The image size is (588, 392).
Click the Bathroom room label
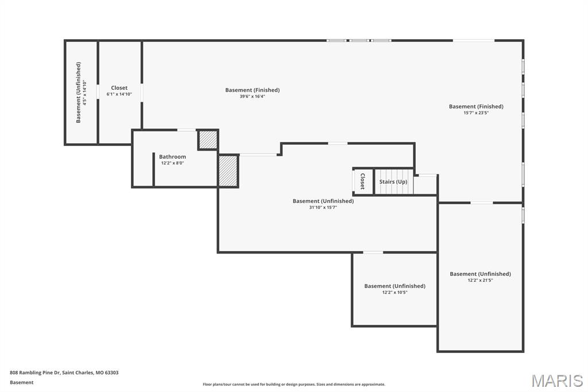click(x=172, y=156)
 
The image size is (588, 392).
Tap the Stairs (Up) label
click(x=393, y=182)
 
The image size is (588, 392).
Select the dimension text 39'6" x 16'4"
click(x=252, y=97)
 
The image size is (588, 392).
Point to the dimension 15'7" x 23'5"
click(x=476, y=113)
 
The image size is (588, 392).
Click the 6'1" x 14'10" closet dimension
click(x=119, y=94)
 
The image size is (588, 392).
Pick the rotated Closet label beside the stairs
click(x=362, y=182)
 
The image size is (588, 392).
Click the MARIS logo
click(x=557, y=380)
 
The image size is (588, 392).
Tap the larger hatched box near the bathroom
click(x=228, y=171)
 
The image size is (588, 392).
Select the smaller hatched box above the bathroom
click(x=208, y=140)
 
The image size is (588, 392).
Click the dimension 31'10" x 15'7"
click(x=323, y=207)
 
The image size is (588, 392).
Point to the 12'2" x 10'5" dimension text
click(x=394, y=292)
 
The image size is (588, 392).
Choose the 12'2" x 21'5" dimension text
click(x=480, y=280)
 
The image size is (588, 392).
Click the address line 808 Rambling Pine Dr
click(x=64, y=372)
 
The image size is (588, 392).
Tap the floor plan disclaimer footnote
click(x=293, y=385)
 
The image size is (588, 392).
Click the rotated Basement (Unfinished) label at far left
click(x=79, y=93)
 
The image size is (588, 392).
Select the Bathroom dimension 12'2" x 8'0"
click(x=172, y=163)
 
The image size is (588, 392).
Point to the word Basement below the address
click(x=21, y=382)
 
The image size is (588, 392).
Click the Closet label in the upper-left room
click(x=119, y=88)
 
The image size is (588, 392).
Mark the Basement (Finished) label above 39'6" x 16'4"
click(x=252, y=90)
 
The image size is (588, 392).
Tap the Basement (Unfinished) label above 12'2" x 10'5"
click(x=394, y=286)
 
